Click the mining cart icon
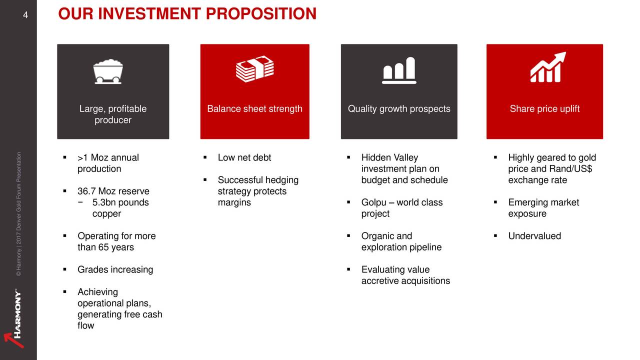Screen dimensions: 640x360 tap(108, 71)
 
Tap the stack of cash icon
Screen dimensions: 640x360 tap(255, 69)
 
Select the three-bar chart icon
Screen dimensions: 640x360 tap(399, 70)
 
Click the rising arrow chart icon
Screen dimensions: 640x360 tap(547, 67)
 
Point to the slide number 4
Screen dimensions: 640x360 tap(25, 15)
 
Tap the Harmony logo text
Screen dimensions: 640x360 tap(17, 313)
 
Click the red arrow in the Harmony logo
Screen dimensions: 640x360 tap(13, 340)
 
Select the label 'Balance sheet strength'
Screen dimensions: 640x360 tap(254, 108)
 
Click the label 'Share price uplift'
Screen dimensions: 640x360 tap(544, 108)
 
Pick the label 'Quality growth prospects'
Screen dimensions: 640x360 tap(399, 108)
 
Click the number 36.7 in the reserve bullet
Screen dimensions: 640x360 tap(86, 191)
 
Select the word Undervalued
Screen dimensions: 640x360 tap(534, 235)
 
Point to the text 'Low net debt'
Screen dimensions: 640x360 tap(244, 157)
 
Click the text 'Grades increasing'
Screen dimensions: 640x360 tap(115, 269)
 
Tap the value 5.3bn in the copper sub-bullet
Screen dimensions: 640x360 tap(103, 202)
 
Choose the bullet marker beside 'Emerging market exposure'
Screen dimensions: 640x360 tap(495, 202)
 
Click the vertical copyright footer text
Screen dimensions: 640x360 tap(18, 214)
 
